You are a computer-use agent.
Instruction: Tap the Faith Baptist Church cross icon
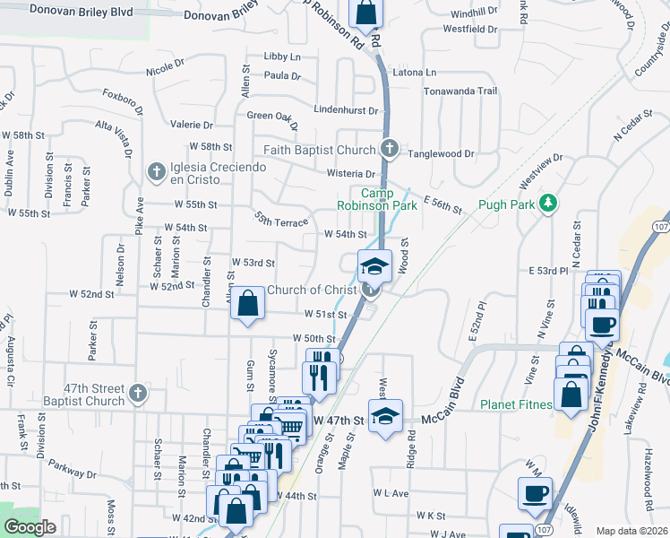pyautogui.click(x=389, y=149)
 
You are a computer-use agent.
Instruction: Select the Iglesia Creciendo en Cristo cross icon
pyautogui.click(x=155, y=170)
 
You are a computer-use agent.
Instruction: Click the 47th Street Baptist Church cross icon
pyautogui.click(x=137, y=392)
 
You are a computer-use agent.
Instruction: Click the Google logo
pyautogui.click(x=29, y=527)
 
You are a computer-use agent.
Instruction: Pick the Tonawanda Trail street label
pyautogui.click(x=460, y=91)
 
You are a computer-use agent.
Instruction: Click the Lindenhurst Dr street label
pyautogui.click(x=347, y=109)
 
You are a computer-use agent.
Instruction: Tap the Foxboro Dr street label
pyautogui.click(x=124, y=95)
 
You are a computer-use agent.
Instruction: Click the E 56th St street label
pyautogui.click(x=442, y=207)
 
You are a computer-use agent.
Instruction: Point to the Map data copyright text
pyautogui.click(x=631, y=531)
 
